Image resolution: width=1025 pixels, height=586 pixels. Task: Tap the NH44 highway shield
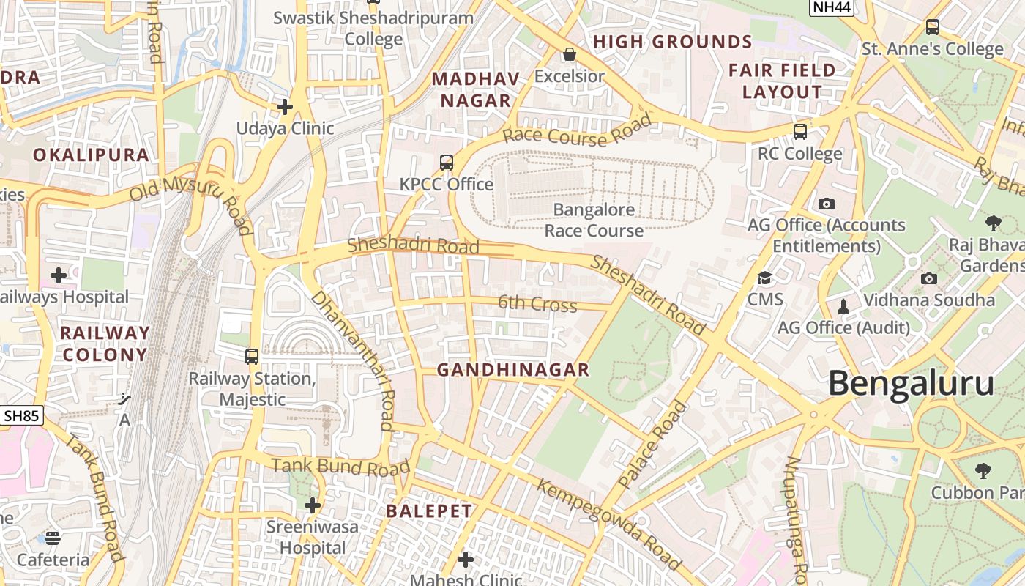pos(831,7)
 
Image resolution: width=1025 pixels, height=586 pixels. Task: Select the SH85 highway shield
pos(21,416)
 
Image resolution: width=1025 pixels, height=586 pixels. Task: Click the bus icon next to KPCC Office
pos(447,163)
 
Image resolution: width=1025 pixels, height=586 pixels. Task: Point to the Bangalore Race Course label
pos(594,220)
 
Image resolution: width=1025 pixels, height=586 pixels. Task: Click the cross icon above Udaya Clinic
pos(285,107)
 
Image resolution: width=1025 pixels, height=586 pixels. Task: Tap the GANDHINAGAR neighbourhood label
pos(513,371)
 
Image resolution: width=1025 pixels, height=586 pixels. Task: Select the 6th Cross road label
pos(537,303)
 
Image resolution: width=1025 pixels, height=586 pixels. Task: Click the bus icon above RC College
pos(800,132)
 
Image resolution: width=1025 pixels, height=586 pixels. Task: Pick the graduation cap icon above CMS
pos(765,278)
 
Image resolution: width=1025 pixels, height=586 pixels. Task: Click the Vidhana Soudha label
pos(929,300)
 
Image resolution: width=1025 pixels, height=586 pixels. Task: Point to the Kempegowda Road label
pos(609,524)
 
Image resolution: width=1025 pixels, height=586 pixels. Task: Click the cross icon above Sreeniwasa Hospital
pos(313,505)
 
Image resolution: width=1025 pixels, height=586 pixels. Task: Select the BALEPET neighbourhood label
pos(429,511)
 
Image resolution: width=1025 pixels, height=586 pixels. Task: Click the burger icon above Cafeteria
pos(53,538)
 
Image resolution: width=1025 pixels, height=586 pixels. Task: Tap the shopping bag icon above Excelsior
pos(569,54)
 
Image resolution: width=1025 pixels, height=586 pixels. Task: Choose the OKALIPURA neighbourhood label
pos(91,155)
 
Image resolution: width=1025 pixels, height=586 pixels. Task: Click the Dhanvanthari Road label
pos(353,360)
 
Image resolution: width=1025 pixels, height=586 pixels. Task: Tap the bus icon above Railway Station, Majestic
pos(252,357)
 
